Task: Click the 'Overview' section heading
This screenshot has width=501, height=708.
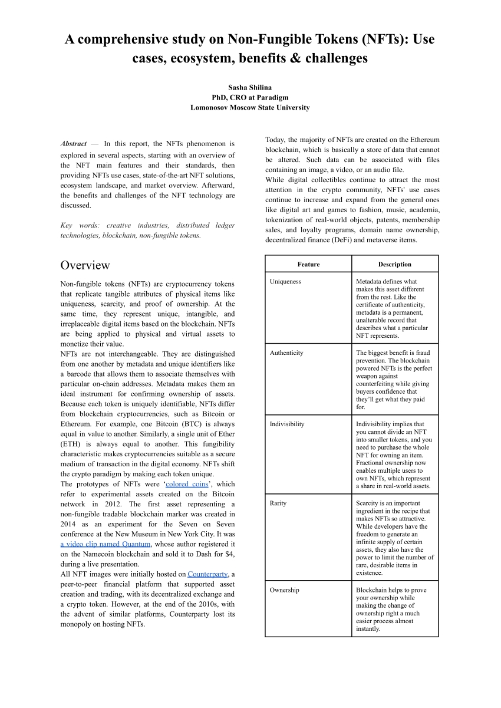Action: (85, 265)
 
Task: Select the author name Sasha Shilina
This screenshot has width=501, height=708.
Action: (250, 87)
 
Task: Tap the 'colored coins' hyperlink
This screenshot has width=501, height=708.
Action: (187, 484)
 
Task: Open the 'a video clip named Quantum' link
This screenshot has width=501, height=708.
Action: (106, 544)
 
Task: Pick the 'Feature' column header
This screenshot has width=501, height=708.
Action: (308, 264)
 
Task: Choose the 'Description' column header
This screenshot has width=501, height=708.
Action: (394, 264)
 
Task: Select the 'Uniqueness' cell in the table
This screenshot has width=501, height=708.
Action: (285, 282)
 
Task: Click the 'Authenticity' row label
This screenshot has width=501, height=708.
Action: (286, 353)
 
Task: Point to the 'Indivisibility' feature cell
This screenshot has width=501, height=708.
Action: (287, 424)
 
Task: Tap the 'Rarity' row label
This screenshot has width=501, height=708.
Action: (278, 503)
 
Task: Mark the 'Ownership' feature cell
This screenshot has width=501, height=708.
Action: (284, 590)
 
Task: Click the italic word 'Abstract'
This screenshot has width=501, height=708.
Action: (74, 144)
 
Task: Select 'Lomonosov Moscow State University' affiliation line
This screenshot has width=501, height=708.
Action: (250, 108)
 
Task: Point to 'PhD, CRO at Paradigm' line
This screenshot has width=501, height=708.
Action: (250, 97)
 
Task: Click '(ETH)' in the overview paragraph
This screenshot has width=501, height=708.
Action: (71, 444)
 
